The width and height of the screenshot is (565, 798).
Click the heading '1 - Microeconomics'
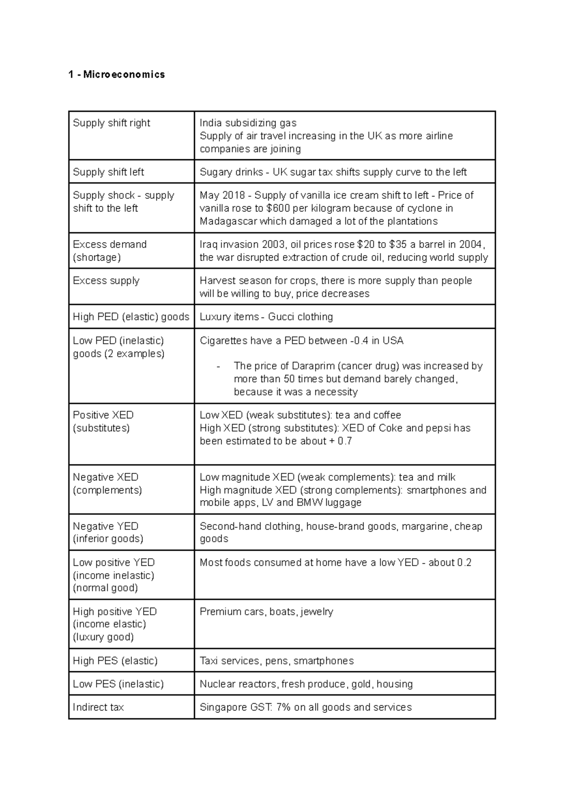coord(116,74)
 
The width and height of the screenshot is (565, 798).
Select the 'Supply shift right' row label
coord(111,123)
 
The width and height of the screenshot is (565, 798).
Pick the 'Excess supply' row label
coord(106,281)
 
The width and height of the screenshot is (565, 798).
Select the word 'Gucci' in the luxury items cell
coord(282,317)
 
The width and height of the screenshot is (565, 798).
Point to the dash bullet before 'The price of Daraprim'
coord(218,366)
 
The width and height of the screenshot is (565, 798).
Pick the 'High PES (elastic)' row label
coord(115,660)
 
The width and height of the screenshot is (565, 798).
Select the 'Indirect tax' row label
coord(98,708)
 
